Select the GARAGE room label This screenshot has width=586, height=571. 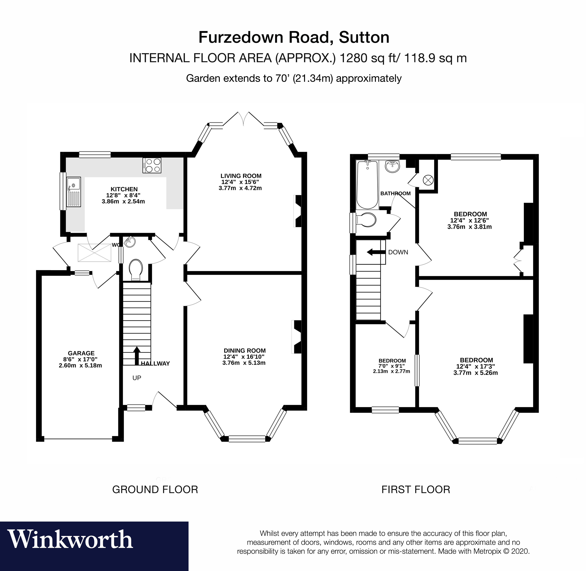[81, 353]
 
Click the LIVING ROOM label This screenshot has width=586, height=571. [241, 176]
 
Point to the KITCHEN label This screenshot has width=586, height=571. [124, 189]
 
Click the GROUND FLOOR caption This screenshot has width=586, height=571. [155, 490]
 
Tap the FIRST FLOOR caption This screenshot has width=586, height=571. [416, 490]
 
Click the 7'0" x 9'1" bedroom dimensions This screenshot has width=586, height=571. [392, 366]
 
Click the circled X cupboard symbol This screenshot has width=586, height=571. [428, 180]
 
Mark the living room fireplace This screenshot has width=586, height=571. [298, 211]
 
